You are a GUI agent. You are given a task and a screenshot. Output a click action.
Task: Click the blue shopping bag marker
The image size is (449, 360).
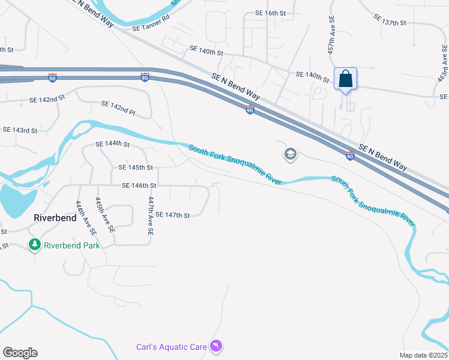tap(346, 79)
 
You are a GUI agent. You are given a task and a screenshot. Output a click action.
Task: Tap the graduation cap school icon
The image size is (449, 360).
tap(290, 154)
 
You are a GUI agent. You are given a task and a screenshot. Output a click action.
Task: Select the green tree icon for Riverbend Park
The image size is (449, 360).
tap(35, 245)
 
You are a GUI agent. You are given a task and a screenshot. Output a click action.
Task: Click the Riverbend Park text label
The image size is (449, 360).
tap(72, 245)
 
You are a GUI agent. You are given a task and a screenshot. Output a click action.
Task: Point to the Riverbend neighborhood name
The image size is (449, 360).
tap(55, 218)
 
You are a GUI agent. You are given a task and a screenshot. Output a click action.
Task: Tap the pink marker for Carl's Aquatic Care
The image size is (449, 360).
tap(216, 346)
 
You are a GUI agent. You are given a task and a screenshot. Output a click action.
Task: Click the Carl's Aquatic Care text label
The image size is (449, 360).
tap(170, 347)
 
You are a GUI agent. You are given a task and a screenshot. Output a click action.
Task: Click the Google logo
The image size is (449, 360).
tap(20, 353)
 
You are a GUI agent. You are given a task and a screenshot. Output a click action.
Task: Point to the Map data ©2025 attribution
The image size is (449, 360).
tap(423, 355)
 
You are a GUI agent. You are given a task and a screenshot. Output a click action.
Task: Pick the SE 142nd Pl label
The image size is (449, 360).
tap(118, 108)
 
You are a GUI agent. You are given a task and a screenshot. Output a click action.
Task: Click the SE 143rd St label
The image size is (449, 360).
tap(20, 130)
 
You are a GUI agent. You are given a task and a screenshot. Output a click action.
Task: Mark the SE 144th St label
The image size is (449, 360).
tap(113, 144)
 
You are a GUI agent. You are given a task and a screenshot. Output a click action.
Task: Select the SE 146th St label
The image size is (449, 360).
tap(139, 186)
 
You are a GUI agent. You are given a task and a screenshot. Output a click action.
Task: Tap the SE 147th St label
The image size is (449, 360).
tap(172, 215)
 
